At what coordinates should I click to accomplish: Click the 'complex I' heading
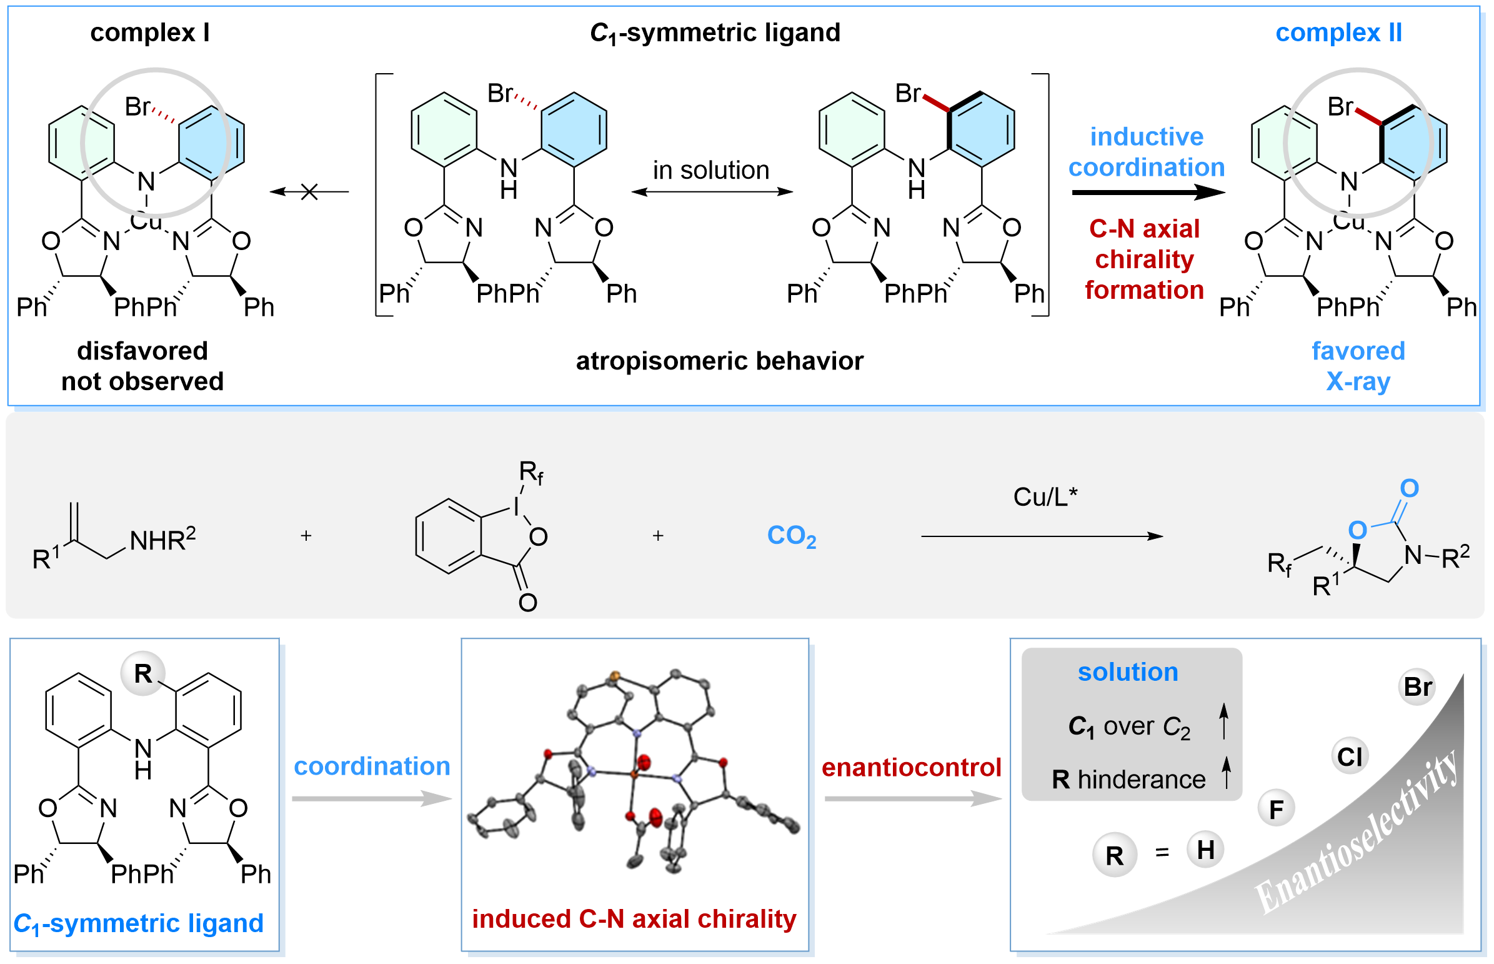(149, 33)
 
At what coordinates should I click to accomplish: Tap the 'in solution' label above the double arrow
(710, 170)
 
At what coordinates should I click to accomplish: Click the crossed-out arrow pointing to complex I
(309, 191)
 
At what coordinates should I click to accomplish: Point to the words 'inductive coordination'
(1146, 152)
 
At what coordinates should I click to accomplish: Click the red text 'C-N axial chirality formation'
(1144, 259)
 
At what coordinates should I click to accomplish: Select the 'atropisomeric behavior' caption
(719, 361)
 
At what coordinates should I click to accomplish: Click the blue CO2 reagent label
(792, 536)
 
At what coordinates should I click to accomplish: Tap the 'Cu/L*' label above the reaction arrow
(1045, 497)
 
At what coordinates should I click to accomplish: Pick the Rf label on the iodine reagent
(530, 473)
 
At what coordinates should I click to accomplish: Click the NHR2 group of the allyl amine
(162, 540)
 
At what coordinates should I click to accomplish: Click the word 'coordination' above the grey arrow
(372, 766)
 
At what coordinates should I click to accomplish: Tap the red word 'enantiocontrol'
(911, 768)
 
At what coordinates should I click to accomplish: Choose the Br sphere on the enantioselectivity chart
(1417, 687)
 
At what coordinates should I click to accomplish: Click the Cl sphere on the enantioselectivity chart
(1349, 757)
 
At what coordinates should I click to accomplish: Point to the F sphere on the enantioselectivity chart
(1277, 810)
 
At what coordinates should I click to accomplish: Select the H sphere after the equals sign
(1205, 850)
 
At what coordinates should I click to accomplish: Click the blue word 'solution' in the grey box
(1127, 672)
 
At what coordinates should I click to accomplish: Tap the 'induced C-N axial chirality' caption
(634, 919)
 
